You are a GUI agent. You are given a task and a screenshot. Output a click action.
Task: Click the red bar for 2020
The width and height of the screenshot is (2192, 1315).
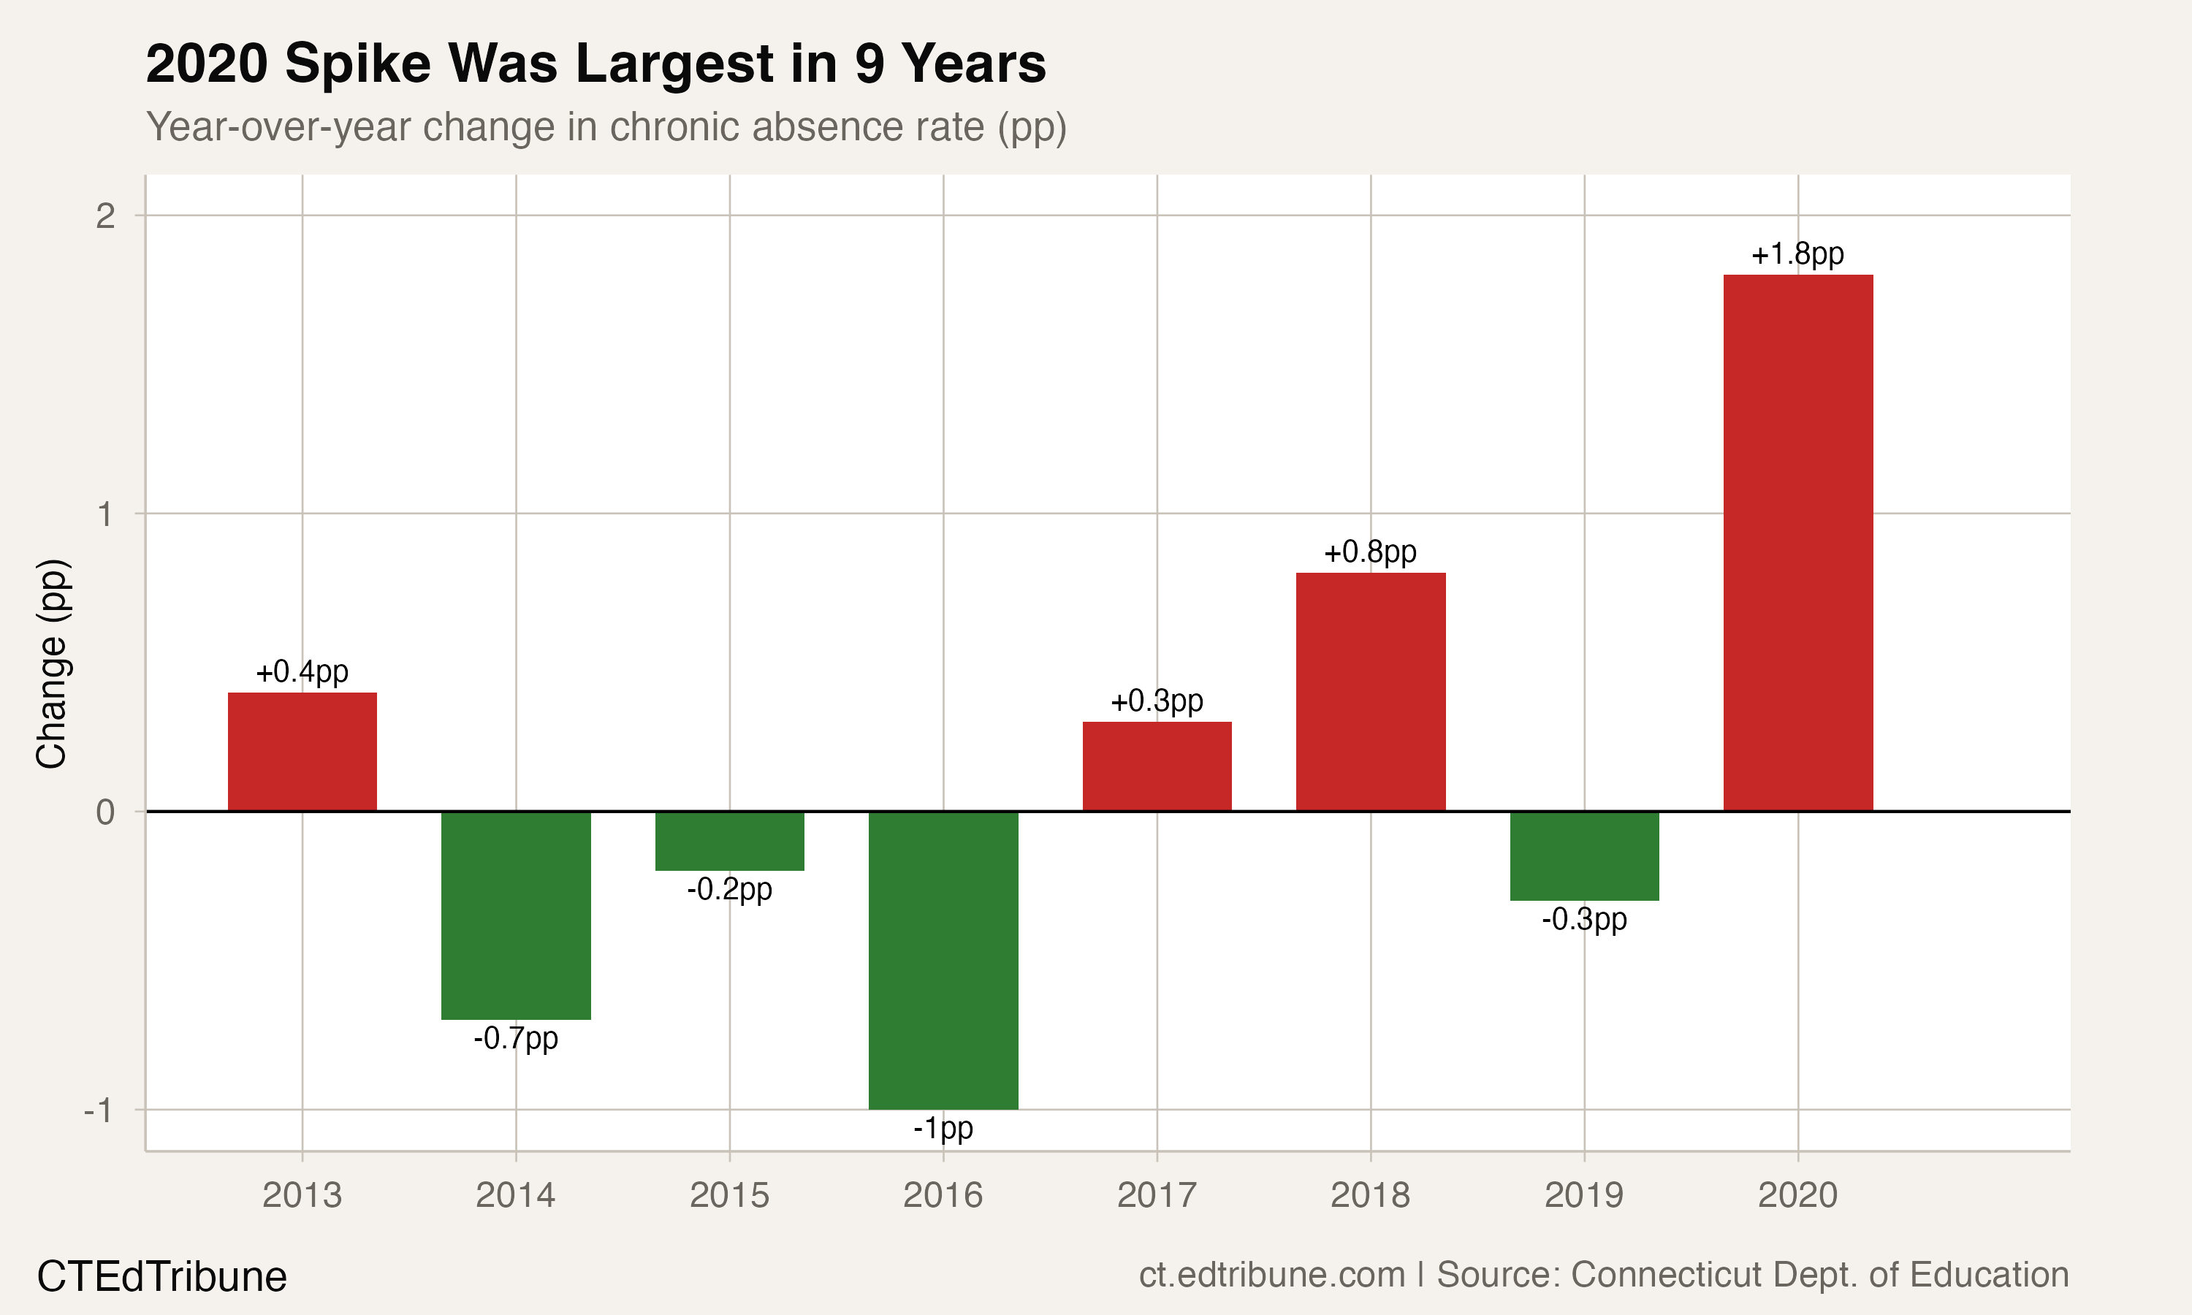tap(1797, 542)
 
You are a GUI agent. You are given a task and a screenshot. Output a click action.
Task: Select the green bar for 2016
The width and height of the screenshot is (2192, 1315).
tap(943, 960)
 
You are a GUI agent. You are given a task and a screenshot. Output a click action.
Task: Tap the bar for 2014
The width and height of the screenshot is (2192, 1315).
tap(516, 915)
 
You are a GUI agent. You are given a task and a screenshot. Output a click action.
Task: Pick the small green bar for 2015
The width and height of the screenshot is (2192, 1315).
tap(729, 841)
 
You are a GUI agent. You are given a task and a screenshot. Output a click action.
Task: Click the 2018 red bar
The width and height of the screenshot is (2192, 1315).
tap(1371, 691)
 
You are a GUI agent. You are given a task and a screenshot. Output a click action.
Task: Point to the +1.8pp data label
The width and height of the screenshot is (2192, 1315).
tap(1797, 254)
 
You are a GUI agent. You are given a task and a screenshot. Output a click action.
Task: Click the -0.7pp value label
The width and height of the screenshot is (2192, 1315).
tap(516, 1037)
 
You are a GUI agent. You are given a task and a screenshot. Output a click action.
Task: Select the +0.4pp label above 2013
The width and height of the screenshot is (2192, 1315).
tap(302, 671)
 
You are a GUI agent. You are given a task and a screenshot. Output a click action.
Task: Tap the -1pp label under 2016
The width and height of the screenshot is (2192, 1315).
tap(943, 1128)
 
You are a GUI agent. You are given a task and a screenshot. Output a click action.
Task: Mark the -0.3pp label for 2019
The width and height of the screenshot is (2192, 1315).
tap(1584, 919)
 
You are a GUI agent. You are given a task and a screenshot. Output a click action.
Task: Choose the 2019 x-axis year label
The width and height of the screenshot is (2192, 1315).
tap(1584, 1195)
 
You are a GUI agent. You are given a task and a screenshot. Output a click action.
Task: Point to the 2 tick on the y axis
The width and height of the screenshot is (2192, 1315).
tap(105, 216)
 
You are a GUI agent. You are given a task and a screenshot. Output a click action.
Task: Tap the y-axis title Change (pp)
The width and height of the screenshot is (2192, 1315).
tap(51, 663)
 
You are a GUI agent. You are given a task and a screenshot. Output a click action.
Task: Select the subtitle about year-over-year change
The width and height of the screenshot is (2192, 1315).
tap(606, 126)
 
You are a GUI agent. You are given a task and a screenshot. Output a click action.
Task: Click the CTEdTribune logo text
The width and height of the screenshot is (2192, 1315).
tap(162, 1277)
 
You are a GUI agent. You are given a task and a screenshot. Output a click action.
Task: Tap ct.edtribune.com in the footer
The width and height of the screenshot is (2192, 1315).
tap(1271, 1274)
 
